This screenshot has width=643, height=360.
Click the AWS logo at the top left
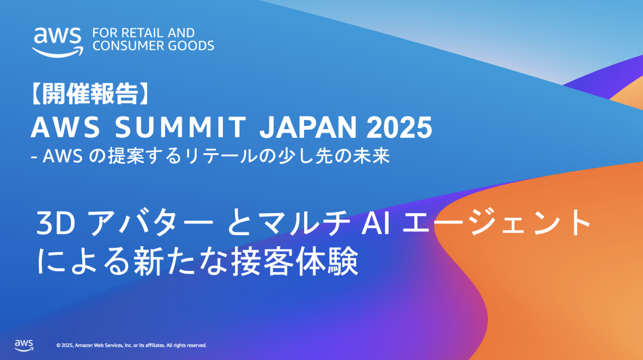coord(57,42)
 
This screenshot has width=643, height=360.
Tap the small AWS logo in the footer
coord(24,346)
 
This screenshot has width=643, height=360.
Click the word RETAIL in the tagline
coord(142,33)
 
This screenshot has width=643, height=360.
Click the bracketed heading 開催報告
coord(89,94)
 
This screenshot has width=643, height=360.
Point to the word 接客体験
coord(295,262)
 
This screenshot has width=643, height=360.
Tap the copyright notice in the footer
coord(131,346)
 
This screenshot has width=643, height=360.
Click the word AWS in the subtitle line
coord(63,156)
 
